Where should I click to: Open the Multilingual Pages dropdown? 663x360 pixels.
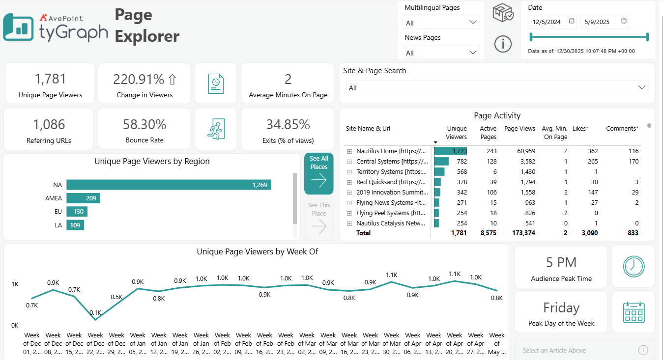pos(441,23)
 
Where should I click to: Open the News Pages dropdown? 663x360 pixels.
pos(441,53)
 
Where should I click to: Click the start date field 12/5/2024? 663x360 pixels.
pos(548,22)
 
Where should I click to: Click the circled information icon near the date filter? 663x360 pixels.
pos(503,44)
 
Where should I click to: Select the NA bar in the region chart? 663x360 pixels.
pos(169,185)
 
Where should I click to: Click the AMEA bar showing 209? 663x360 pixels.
pos(83,198)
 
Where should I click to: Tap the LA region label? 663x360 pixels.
pos(58,225)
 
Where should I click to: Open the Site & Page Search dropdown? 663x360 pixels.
pos(496,87)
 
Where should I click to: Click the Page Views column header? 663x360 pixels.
pos(519,129)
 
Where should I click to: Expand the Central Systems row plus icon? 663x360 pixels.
pos(349,162)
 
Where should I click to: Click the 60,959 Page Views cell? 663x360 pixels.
pos(523,151)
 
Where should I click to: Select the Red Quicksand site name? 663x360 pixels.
pos(391,182)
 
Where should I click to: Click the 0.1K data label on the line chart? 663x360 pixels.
pos(95,312)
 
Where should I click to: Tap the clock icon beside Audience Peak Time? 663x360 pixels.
pos(633,266)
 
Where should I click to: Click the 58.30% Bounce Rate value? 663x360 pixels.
pos(144,124)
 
